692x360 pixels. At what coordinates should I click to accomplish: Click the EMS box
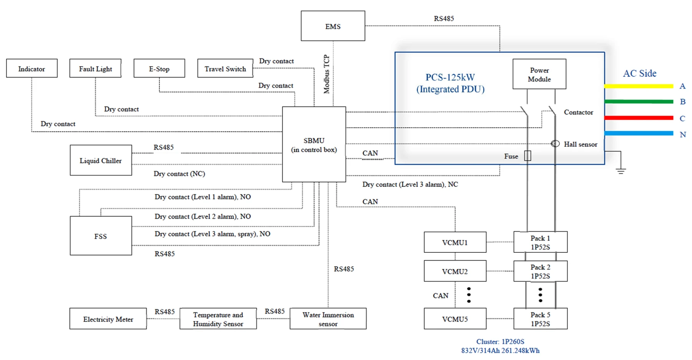click(x=333, y=26)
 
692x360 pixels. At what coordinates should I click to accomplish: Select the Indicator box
click(x=32, y=68)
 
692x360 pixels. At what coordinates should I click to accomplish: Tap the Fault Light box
click(x=95, y=68)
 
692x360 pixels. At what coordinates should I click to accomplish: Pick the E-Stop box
click(x=159, y=68)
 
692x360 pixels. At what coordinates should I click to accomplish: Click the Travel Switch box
click(x=225, y=68)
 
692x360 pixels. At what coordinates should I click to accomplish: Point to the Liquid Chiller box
click(x=101, y=160)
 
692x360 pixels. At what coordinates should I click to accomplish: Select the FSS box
click(x=101, y=236)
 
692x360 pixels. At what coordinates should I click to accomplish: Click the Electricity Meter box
click(x=108, y=319)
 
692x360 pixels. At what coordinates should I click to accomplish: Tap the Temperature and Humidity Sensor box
click(x=218, y=319)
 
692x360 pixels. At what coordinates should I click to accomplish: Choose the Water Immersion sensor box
click(x=328, y=319)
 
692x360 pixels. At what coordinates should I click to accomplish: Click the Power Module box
click(x=539, y=74)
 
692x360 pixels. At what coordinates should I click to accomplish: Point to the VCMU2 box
click(x=455, y=271)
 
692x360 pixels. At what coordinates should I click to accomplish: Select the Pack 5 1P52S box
click(x=540, y=319)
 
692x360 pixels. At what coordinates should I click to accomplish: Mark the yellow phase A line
click(x=639, y=86)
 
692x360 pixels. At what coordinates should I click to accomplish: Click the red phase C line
click(x=639, y=118)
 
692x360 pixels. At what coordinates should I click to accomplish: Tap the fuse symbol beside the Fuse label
click(x=528, y=156)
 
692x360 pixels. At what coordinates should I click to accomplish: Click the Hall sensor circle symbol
click(x=555, y=144)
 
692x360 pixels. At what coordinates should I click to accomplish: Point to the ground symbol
click(x=620, y=170)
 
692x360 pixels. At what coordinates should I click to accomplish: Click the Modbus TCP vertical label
click(x=327, y=74)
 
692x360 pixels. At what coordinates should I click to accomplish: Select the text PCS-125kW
click(x=450, y=77)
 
